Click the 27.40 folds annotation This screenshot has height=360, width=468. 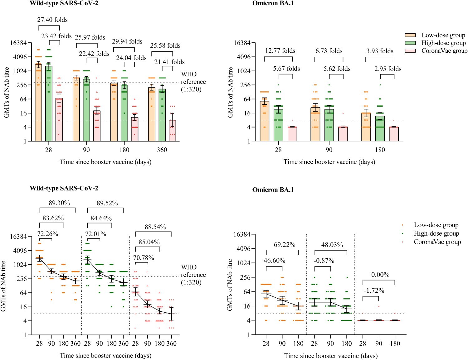click(52, 20)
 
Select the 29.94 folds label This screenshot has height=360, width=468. click(127, 41)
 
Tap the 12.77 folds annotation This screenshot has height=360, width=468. click(280, 51)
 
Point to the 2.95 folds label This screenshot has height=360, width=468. click(388, 69)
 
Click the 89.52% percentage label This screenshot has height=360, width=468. click(107, 203)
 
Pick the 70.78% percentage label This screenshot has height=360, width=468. click(144, 258)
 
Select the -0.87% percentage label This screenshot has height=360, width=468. click(324, 261)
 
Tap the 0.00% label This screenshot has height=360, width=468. click(380, 275)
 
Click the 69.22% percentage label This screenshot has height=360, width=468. click(284, 245)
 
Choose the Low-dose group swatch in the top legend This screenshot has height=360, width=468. click(410, 35)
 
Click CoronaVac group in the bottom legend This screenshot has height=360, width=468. click(437, 242)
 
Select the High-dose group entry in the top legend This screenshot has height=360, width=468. click(443, 43)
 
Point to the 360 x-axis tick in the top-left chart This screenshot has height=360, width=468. click(162, 150)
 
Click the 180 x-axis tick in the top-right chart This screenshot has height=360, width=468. click(380, 150)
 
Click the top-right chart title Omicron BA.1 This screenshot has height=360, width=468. click(273, 3)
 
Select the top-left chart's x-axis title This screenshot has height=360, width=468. click(105, 162)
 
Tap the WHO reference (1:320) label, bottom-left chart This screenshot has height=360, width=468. click(193, 275)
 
